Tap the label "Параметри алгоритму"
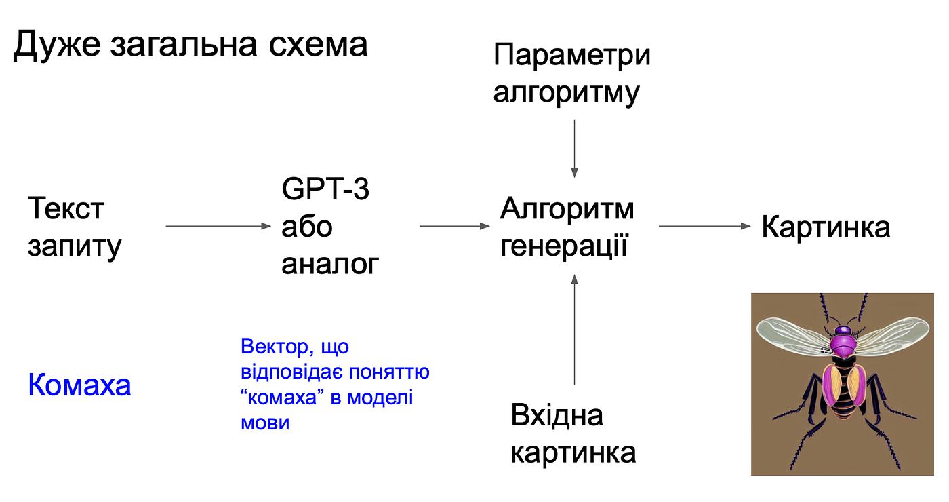tap(571, 74)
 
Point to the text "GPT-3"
tap(325, 190)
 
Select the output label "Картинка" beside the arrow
tap(826, 227)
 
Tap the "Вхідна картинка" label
tap(573, 433)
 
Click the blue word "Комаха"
tap(79, 385)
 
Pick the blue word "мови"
tap(265, 423)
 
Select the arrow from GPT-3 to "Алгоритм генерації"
tap(455, 226)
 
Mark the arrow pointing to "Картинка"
tap(705, 226)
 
